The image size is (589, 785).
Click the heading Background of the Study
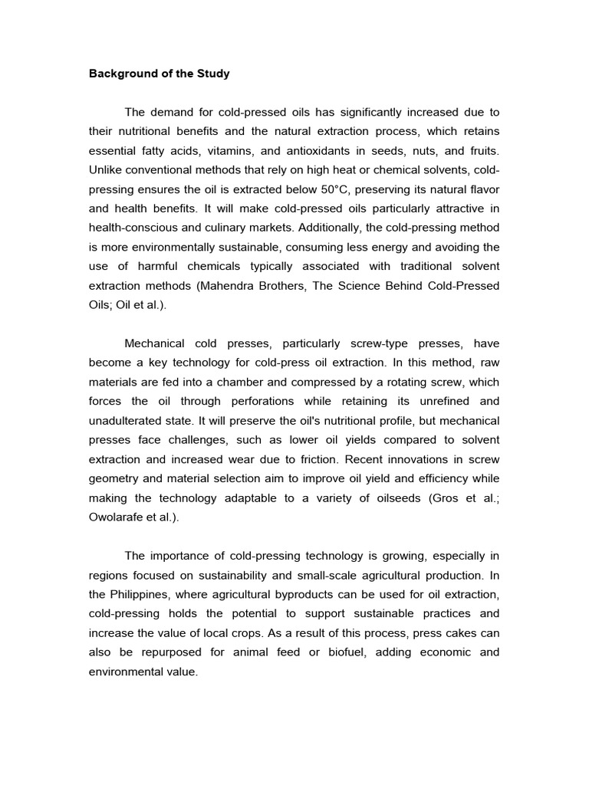pos(159,74)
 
